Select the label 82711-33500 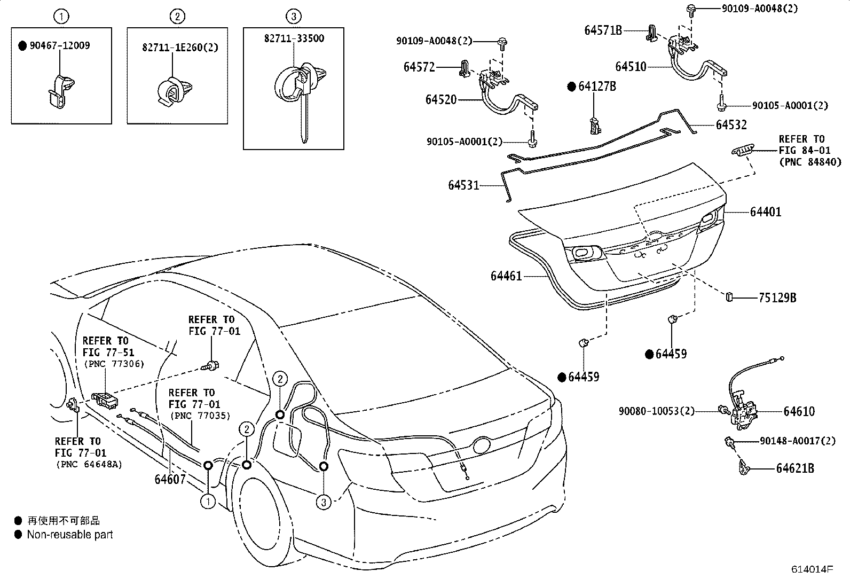[294, 38]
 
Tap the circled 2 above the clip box [178, 17]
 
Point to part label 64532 [731, 125]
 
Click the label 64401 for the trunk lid [765, 212]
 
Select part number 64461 [506, 276]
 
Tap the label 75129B [777, 298]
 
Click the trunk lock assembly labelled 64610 [744, 409]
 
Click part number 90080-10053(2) [657, 411]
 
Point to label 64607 [170, 479]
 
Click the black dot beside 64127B [571, 87]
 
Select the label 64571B [603, 30]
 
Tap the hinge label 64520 [441, 99]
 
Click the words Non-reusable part [70, 534]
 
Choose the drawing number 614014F [812, 569]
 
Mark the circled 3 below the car [323, 502]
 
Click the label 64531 [463, 185]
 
